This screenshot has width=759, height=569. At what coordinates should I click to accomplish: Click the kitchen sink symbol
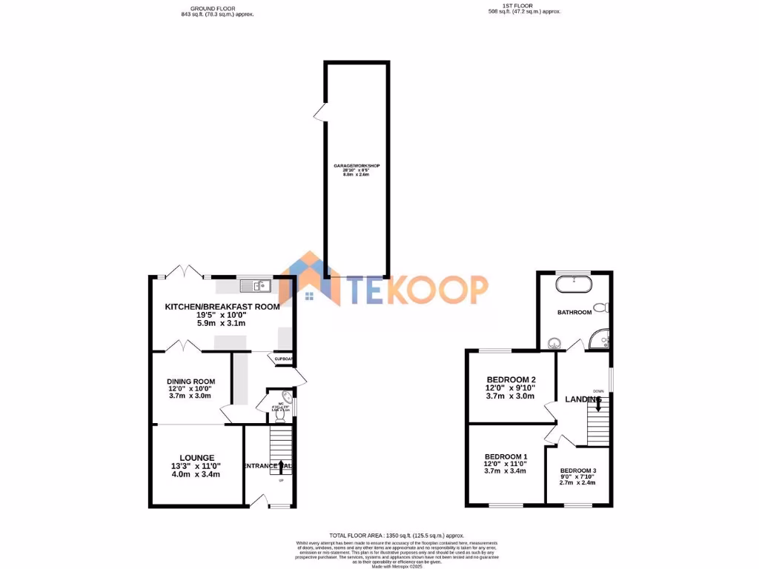tap(256, 283)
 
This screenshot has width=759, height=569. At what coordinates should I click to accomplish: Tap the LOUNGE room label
tap(196, 457)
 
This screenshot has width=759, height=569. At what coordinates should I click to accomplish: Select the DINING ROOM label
tap(190, 382)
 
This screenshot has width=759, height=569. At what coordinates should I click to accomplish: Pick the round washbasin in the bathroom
tap(553, 343)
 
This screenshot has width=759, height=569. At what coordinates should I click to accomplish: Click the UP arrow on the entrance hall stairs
tap(281, 467)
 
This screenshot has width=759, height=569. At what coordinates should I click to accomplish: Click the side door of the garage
tap(319, 113)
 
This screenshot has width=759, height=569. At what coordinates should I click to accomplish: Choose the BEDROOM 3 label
tap(577, 470)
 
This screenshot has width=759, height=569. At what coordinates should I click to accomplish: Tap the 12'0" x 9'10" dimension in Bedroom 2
tap(510, 387)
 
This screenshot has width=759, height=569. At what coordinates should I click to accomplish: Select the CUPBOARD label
tap(284, 359)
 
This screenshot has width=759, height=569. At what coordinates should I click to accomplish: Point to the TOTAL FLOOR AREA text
tap(397, 535)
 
